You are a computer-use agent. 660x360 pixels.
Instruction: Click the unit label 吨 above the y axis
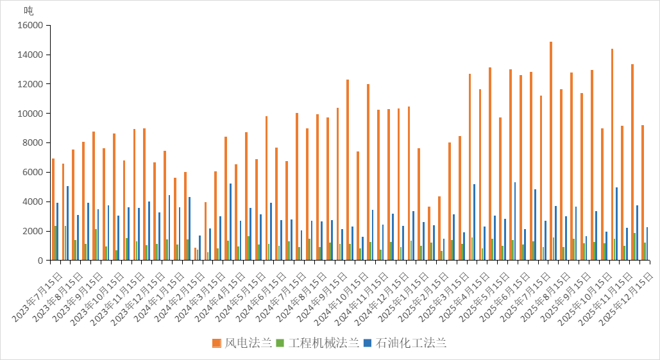29,10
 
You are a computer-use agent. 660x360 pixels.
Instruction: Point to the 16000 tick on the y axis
30,26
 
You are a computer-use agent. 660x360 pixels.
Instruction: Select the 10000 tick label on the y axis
30,114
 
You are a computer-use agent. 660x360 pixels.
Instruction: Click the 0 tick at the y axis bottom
40,261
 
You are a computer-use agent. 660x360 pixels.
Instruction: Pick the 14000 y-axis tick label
30,55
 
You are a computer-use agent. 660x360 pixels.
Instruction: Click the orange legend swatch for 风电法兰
217,343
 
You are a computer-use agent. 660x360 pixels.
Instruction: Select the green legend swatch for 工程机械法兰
280,343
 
